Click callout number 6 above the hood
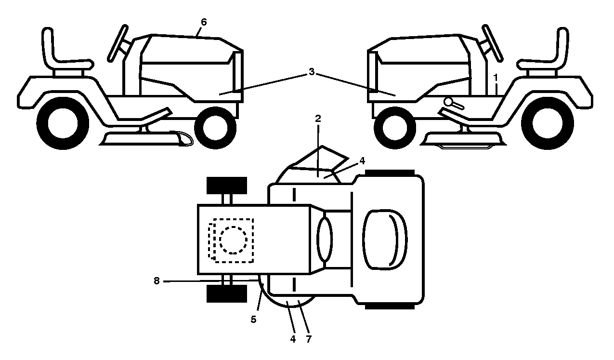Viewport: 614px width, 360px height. [203, 22]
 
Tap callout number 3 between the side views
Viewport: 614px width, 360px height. [312, 72]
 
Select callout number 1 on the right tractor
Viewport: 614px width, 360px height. [496, 78]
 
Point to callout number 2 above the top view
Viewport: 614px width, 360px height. [318, 119]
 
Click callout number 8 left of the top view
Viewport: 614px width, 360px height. [157, 281]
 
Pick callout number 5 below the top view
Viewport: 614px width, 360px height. [254, 320]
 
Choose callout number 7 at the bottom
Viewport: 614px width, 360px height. [309, 339]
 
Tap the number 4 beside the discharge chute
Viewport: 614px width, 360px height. [362, 161]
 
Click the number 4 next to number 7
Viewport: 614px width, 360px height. [293, 339]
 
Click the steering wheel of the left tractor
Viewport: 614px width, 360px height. [118, 43]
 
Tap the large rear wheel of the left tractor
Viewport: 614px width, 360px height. [63, 123]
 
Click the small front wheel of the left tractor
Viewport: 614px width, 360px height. [215, 128]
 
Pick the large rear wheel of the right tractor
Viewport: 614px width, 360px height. [548, 123]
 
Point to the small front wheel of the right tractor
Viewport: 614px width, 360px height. [395, 128]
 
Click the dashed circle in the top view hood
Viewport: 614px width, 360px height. [233, 240]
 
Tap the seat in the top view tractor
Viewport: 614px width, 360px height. [385, 240]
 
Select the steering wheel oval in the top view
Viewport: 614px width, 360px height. [325, 239]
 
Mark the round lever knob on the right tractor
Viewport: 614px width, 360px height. [449, 102]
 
